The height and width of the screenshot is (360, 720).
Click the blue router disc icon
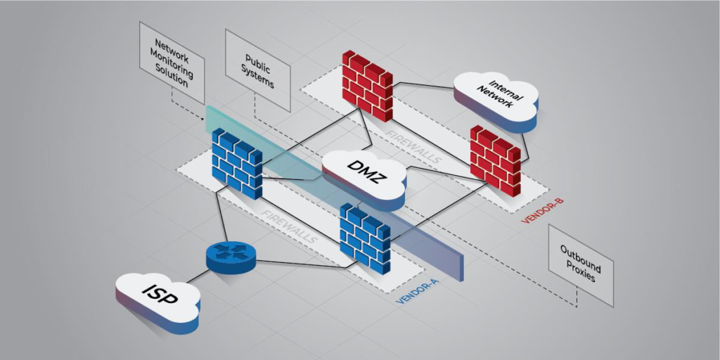point(229,257)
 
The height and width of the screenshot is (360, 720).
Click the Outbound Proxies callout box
point(580,264)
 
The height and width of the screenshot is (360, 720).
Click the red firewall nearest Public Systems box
point(366,84)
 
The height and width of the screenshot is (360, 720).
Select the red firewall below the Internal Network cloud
point(495,160)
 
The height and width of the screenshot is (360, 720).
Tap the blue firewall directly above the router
point(236,162)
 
